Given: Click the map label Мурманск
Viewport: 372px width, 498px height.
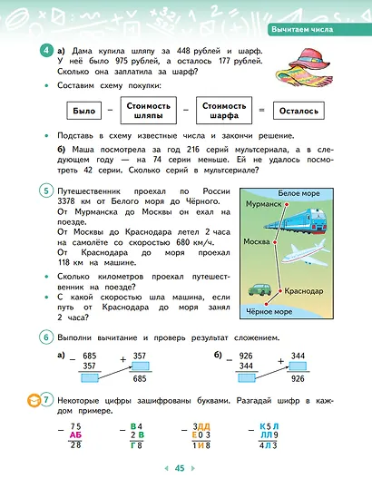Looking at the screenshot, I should point(263,204).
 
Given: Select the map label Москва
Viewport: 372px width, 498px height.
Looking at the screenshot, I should point(258,242).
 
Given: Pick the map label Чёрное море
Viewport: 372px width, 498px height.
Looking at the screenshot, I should point(269,313).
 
